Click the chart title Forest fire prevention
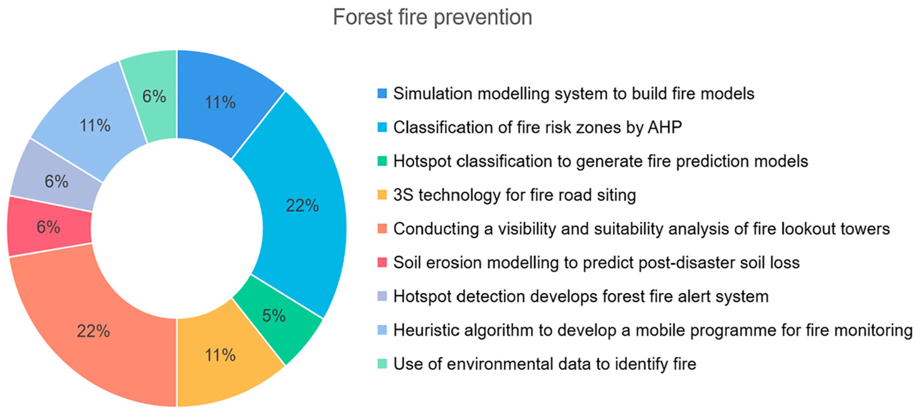coord(432,17)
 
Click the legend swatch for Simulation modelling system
coord(382,93)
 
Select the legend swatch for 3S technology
coord(382,195)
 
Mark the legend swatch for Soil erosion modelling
coord(382,263)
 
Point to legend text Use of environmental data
coord(545,364)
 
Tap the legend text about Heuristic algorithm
coord(653,330)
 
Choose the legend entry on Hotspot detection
coord(581,296)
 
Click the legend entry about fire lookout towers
coord(642,229)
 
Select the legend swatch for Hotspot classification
coord(382,161)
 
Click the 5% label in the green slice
coord(274,315)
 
